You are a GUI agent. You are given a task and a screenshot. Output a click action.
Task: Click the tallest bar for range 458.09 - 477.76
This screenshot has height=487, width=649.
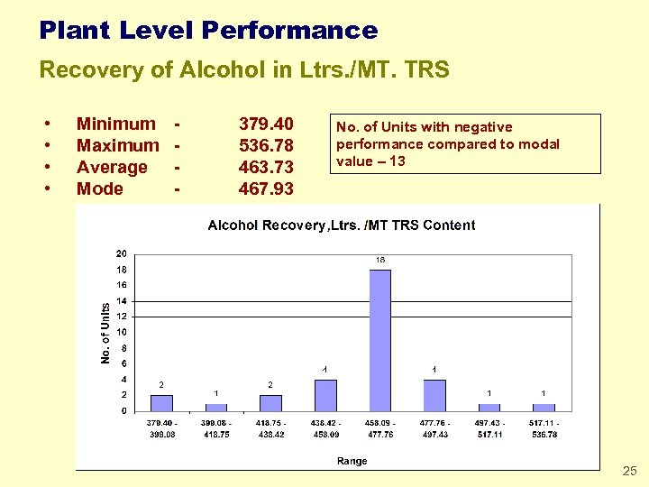(379, 339)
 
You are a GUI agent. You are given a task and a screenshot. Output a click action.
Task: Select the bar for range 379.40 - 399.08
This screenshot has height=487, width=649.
(161, 402)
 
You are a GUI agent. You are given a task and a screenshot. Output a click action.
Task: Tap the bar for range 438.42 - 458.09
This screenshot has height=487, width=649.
(325, 395)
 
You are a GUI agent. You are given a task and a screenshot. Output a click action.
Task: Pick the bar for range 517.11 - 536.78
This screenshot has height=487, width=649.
(544, 407)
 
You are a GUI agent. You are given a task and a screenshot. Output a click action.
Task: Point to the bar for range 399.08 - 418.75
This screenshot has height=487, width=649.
(216, 407)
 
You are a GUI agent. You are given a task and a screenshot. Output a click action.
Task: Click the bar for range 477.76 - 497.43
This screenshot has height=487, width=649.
(434, 395)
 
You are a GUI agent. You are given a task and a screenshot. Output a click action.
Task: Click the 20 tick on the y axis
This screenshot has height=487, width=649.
(121, 253)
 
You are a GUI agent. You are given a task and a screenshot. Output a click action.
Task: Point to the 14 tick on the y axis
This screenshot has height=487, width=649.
(121, 300)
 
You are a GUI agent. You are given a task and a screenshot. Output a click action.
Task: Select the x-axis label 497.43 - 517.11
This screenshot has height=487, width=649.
(489, 428)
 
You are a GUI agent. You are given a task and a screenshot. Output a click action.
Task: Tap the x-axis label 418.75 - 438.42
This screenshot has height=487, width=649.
(270, 428)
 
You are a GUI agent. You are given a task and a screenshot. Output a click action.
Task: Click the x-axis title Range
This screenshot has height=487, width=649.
(352, 461)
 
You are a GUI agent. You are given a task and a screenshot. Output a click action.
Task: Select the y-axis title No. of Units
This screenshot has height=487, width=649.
(105, 333)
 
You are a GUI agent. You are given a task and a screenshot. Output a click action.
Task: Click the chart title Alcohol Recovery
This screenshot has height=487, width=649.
(342, 225)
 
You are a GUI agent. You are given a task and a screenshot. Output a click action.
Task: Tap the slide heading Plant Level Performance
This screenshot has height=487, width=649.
(208, 31)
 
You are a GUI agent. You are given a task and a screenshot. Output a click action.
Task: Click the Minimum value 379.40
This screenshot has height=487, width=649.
(266, 124)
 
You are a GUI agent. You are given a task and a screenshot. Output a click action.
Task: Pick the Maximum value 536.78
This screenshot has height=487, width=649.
(266, 145)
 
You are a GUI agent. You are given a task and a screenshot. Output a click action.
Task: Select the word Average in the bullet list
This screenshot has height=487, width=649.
(112, 167)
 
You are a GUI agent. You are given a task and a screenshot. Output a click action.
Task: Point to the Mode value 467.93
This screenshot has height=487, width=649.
(266, 188)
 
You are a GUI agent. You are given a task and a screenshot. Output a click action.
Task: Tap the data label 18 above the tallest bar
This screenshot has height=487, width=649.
(380, 260)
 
